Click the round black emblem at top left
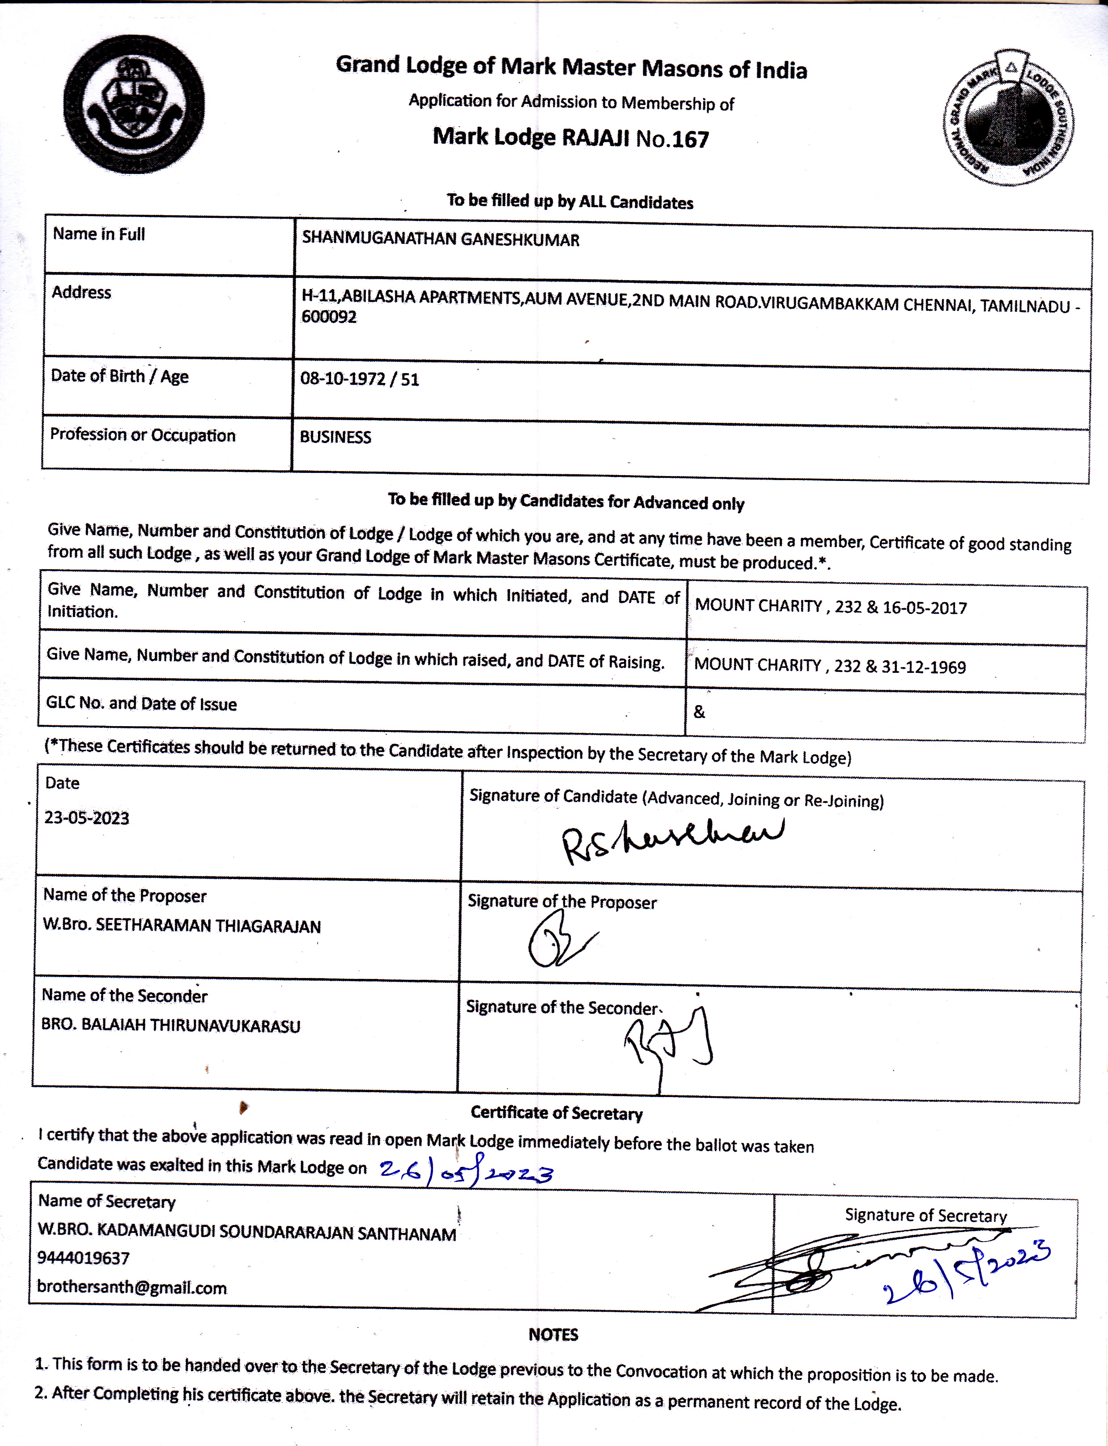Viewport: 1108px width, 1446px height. (134, 104)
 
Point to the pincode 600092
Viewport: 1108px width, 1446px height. (329, 317)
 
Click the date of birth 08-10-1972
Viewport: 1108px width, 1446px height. (342, 379)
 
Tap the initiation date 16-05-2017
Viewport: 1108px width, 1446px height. (925, 608)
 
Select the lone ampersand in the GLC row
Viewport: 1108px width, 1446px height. (699, 712)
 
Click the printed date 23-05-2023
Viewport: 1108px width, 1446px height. (86, 818)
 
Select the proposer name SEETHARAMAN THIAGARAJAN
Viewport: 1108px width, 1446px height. (208, 926)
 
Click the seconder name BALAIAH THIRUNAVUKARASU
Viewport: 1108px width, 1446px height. (191, 1026)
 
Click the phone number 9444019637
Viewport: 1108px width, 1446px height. (83, 1258)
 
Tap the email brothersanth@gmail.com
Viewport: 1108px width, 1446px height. (132, 1287)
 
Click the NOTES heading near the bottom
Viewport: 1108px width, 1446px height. (553, 1335)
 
